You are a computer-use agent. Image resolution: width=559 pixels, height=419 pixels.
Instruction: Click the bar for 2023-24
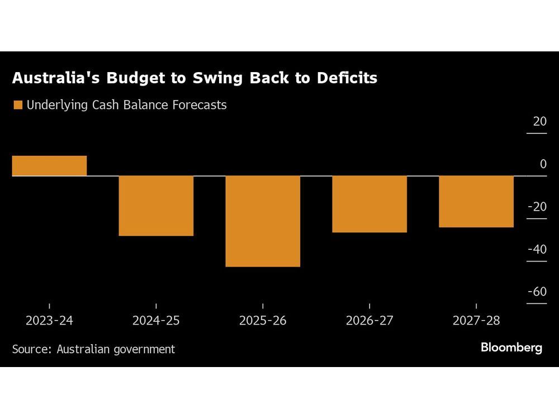49,166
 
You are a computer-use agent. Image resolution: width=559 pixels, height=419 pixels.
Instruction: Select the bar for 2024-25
156,206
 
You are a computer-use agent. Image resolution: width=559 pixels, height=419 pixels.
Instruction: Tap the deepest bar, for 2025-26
263,221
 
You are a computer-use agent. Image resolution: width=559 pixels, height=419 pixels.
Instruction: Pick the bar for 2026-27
369,204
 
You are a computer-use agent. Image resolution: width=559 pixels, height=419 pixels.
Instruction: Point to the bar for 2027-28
476,202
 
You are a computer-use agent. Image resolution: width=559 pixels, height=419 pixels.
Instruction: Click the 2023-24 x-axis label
49,321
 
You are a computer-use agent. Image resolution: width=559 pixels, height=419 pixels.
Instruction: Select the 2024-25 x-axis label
156,321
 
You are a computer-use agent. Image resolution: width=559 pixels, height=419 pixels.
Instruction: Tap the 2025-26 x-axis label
263,321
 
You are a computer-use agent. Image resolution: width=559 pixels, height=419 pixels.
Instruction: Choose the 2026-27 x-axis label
369,321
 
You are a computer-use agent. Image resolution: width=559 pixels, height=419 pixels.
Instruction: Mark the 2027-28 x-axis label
476,321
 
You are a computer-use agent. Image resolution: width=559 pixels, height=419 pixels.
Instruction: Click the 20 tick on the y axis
539,122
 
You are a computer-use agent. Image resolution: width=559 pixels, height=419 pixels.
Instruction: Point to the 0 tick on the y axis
543,164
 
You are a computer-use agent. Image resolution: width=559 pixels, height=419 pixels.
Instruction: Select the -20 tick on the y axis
537,207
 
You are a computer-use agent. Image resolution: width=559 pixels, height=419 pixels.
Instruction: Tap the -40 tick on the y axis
537,250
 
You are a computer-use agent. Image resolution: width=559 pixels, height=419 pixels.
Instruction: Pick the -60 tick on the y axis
537,292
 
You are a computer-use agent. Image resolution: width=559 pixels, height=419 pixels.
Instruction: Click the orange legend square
17,105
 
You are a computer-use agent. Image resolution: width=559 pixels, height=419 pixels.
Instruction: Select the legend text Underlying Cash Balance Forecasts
126,105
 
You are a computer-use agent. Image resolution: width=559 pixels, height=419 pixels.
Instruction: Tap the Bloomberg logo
511,347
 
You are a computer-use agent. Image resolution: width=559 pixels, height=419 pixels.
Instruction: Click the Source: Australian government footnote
93,349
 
